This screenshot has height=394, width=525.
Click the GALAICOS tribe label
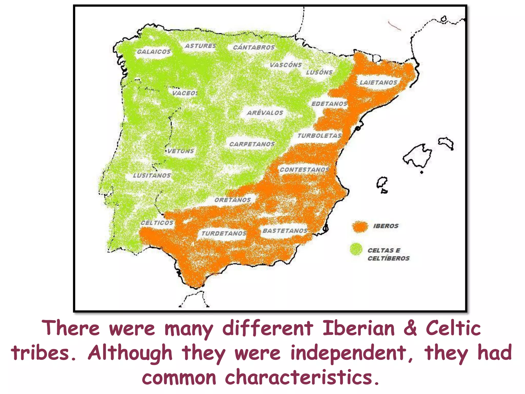(x=154, y=52)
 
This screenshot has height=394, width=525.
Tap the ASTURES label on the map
(x=200, y=46)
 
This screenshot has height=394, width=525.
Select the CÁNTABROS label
(x=254, y=47)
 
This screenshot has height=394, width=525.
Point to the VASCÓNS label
(x=286, y=65)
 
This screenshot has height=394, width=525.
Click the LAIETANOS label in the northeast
(x=378, y=83)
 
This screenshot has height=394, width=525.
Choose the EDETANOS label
(x=329, y=104)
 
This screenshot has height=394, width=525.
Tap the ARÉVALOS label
(x=265, y=113)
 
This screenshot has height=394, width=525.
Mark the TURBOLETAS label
(x=319, y=136)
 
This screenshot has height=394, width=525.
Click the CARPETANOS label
(x=252, y=144)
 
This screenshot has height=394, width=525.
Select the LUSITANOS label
(x=152, y=176)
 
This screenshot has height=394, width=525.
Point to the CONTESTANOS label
(x=304, y=170)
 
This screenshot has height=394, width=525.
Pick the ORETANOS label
(x=233, y=200)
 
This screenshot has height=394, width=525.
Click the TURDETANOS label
(x=224, y=233)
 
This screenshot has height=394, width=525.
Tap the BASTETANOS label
(x=285, y=231)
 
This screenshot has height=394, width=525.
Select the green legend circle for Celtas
(x=356, y=249)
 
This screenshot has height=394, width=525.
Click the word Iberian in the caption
(x=358, y=328)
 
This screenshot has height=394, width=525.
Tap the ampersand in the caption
(x=410, y=328)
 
